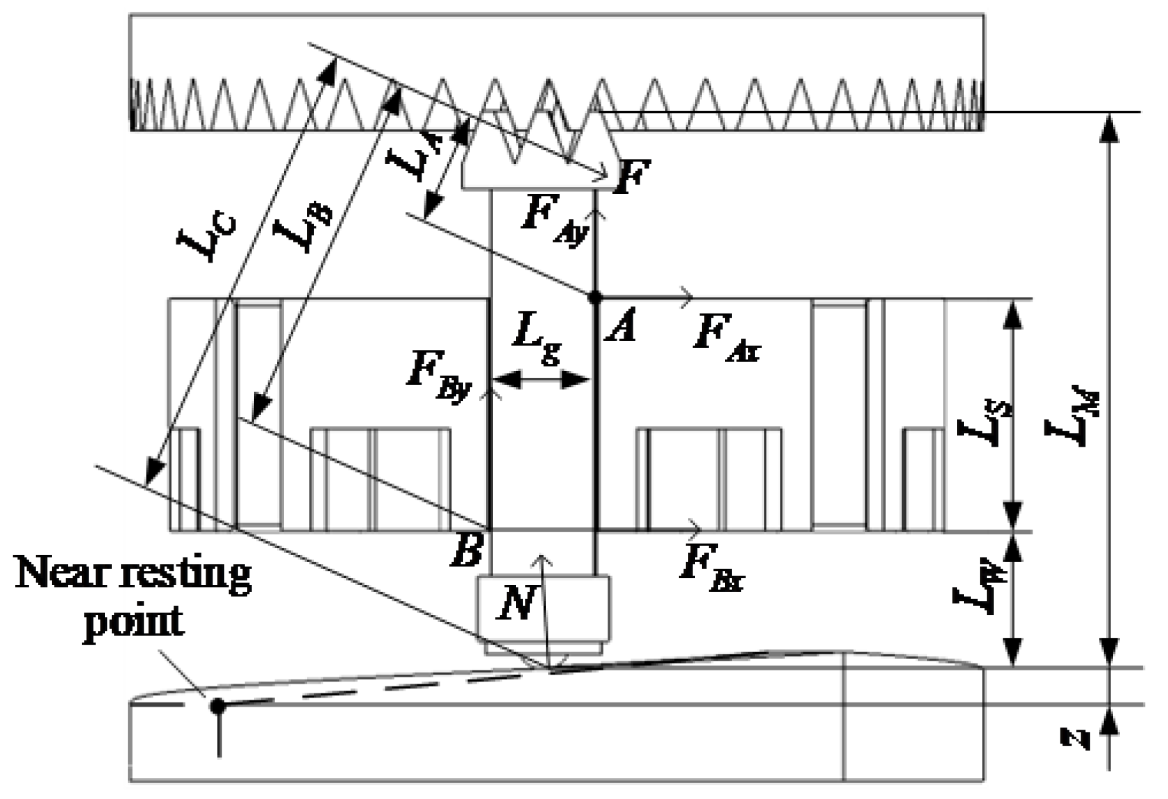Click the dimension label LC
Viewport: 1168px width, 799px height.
click(x=208, y=238)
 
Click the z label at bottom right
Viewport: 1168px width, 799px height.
click(x=1076, y=738)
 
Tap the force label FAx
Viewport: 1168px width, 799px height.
click(x=726, y=340)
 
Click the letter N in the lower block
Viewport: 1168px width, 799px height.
click(x=517, y=602)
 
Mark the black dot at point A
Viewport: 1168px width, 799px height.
click(x=594, y=297)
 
